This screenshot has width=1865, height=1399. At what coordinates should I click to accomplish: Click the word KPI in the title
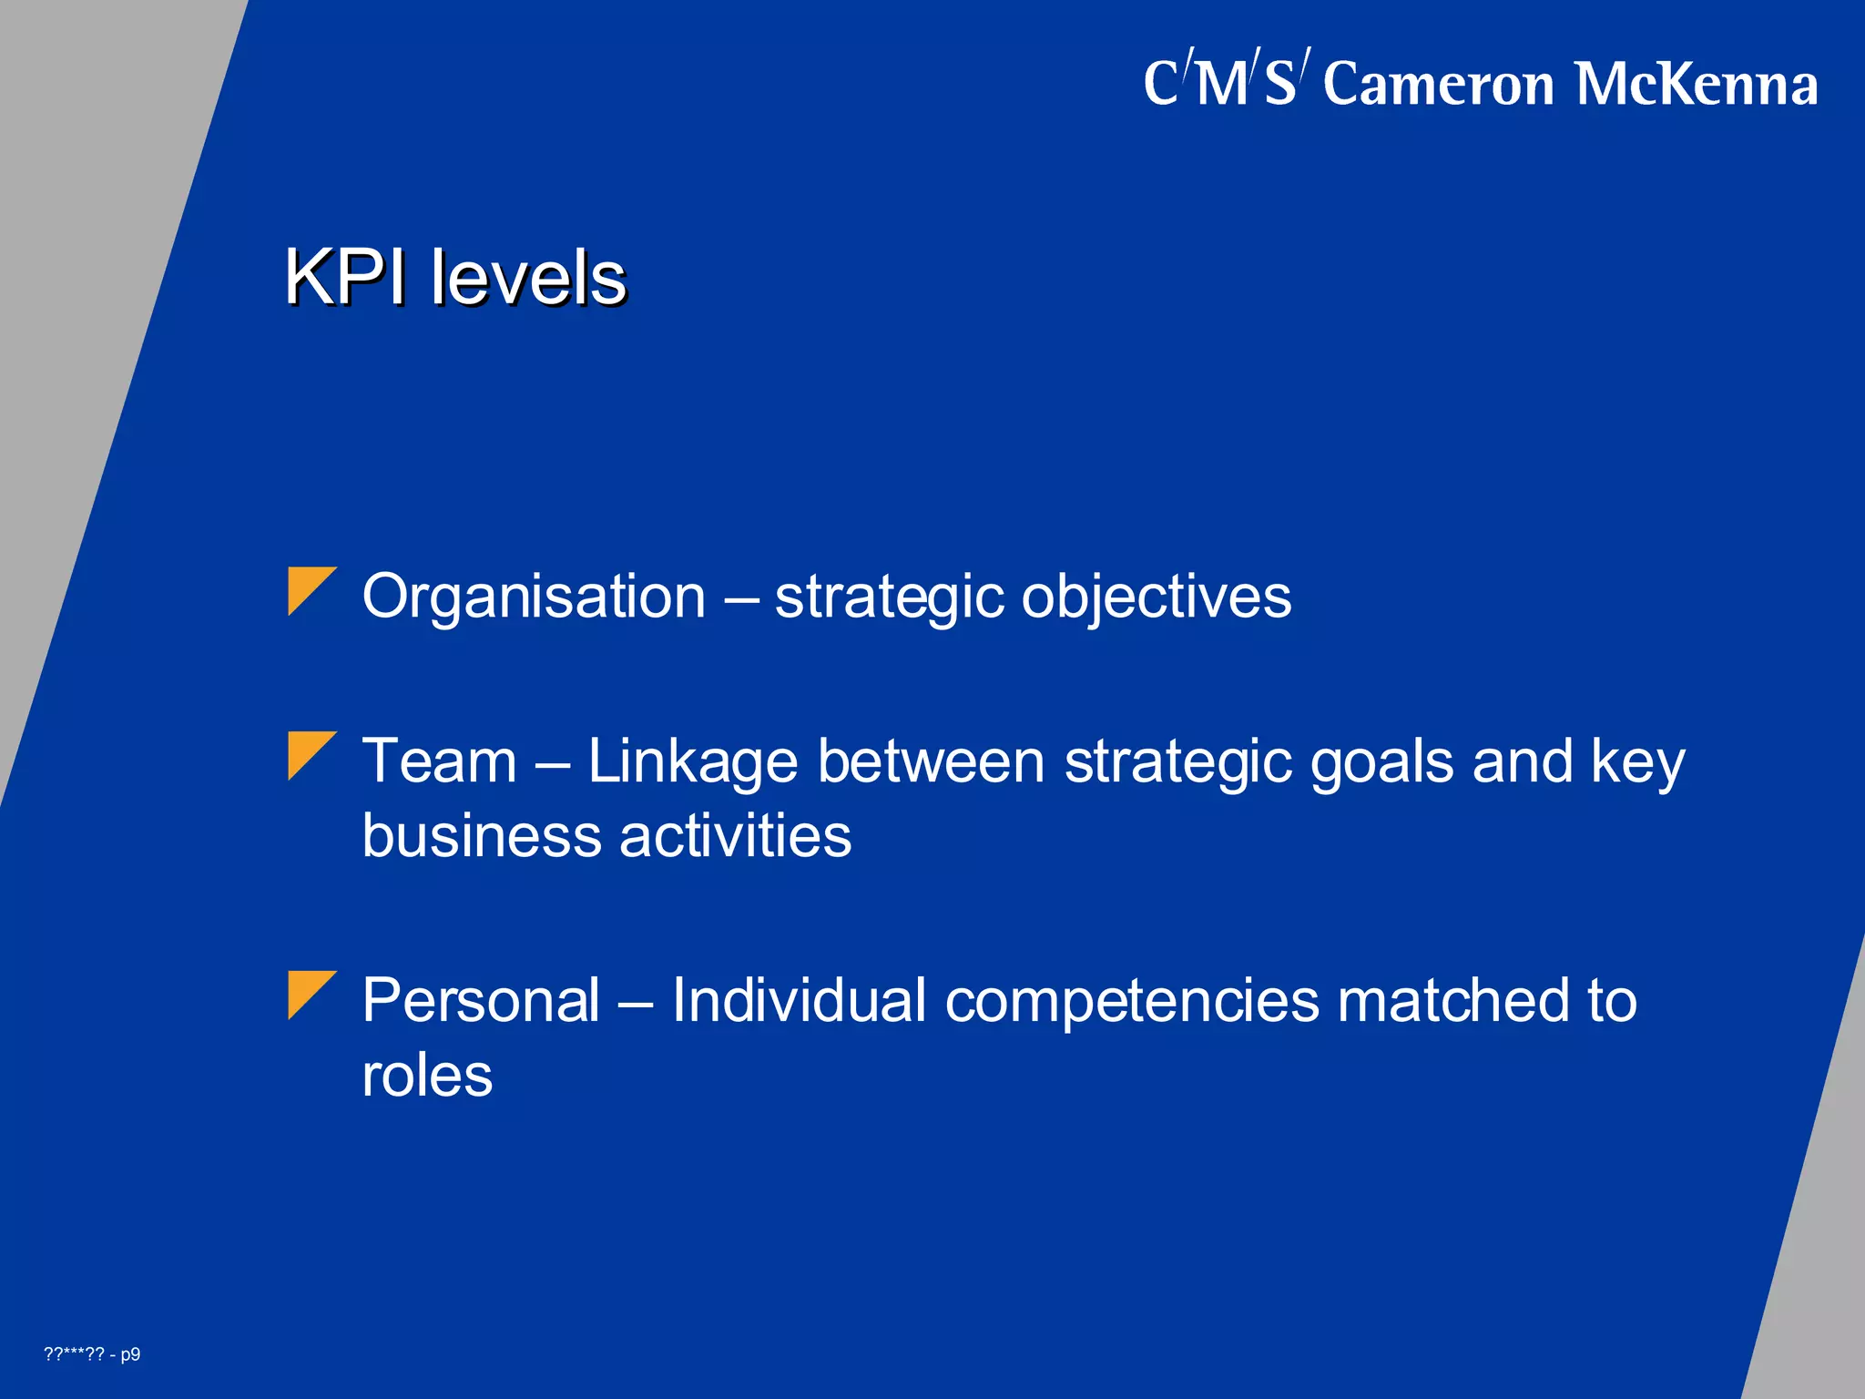point(344,277)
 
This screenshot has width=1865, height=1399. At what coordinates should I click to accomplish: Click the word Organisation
point(534,597)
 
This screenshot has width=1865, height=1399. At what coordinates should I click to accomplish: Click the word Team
point(439,761)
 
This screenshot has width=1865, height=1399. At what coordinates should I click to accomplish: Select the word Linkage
point(692,762)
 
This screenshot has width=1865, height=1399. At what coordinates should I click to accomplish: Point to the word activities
point(735,835)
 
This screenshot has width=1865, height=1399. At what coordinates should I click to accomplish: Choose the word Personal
point(481,1000)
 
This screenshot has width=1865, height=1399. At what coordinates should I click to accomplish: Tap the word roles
point(427,1076)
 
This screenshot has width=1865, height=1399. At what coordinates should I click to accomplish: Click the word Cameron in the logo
point(1438,84)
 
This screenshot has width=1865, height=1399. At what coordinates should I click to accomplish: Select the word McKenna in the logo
point(1696,84)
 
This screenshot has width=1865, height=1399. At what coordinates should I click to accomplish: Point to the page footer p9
point(130,1354)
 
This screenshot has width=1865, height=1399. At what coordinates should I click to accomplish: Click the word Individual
point(799,1000)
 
